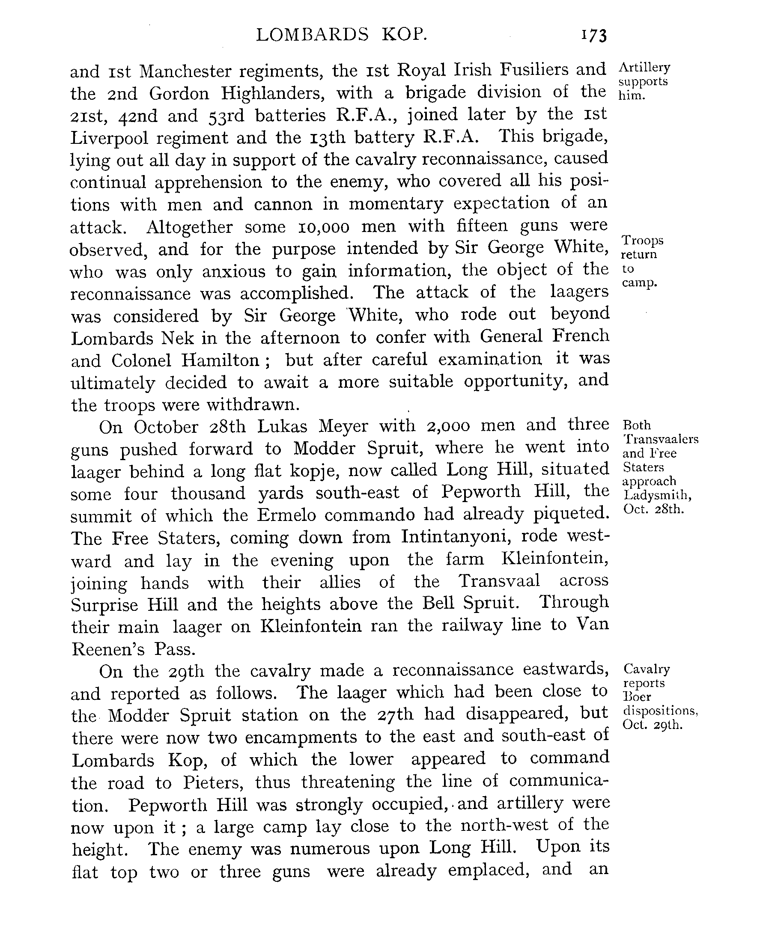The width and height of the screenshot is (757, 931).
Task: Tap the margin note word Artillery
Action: [x=644, y=68]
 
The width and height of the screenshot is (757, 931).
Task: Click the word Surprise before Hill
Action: [x=104, y=605]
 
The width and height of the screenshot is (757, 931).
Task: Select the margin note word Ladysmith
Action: [x=658, y=495]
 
